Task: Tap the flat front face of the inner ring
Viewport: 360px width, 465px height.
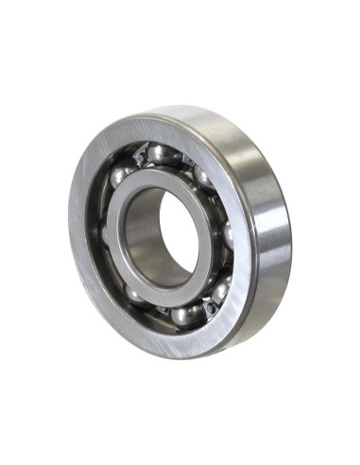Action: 121,236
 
